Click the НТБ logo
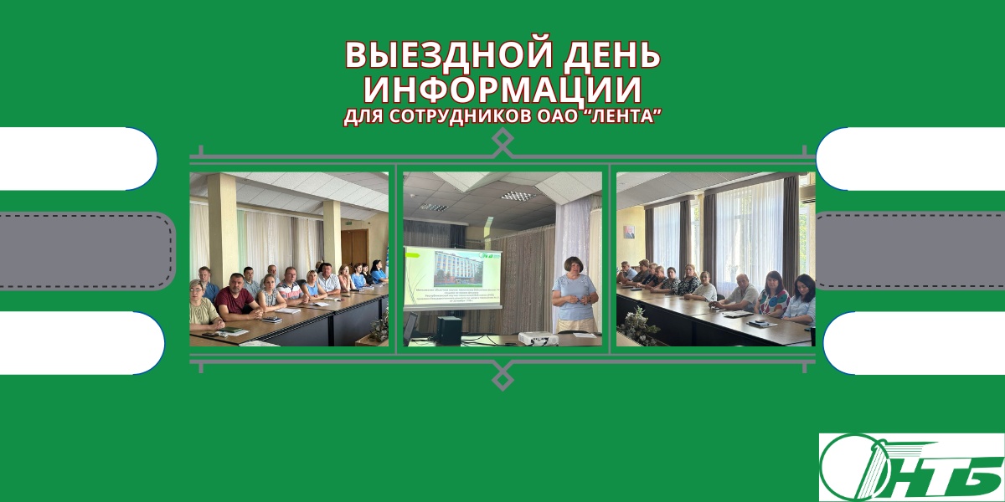(x=910, y=467)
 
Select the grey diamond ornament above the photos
(x=502, y=143)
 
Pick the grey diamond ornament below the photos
(x=502, y=376)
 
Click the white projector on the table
(x=533, y=338)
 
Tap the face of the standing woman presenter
(x=577, y=268)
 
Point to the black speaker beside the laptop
(x=449, y=329)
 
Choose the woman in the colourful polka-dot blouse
(x=772, y=296)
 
